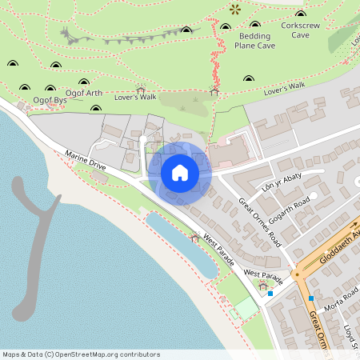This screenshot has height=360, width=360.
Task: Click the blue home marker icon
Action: click(x=180, y=172)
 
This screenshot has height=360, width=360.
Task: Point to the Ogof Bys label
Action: click(x=50, y=101)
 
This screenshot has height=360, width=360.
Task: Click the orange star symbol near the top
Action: click(x=234, y=10)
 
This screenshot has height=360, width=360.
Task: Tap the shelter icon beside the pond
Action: click(x=195, y=237)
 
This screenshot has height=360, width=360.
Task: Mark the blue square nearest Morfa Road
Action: click(x=311, y=298)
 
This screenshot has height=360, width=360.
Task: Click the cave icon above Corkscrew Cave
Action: click(x=301, y=14)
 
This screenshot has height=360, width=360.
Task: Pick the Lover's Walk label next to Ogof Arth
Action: click(x=136, y=97)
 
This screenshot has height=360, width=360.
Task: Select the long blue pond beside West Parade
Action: click(x=180, y=244)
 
